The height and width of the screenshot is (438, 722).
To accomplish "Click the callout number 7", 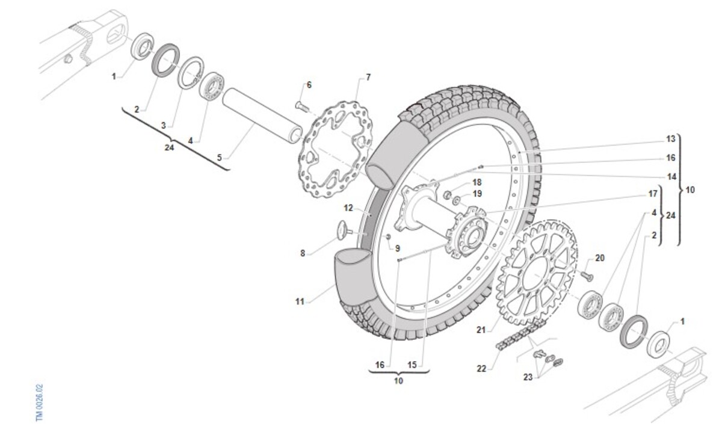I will [x=368, y=77].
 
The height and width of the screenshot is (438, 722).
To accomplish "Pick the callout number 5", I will [x=220, y=157].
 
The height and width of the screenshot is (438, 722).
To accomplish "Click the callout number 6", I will [x=309, y=85].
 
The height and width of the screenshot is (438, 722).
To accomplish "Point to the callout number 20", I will [x=600, y=258].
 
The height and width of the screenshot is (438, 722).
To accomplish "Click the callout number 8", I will [x=303, y=253].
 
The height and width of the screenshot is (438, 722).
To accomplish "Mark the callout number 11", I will [x=300, y=301].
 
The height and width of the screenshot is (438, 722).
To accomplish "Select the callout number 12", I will [x=348, y=208].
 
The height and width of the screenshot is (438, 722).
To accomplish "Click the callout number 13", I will [x=671, y=139].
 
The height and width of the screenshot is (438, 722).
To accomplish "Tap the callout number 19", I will [x=477, y=194].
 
